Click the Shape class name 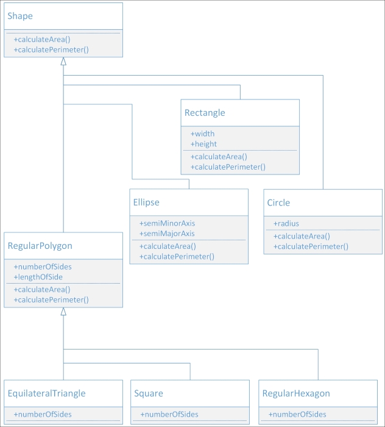tap(20, 16)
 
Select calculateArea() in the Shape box tap(42, 39)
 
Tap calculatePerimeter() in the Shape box tap(51, 49)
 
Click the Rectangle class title tap(205, 113)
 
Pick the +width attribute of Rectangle tap(202, 134)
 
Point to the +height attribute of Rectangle tap(203, 144)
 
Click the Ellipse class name tap(146, 202)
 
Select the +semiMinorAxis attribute tap(167, 223)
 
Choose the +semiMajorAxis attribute tap(167, 234)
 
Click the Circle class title tap(278, 203)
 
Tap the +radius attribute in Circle tap(286, 223)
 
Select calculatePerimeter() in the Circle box tap(311, 246)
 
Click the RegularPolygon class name tap(40, 246)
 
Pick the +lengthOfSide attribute tap(38, 277)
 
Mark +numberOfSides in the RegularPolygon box tap(42, 267)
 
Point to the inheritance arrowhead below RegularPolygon tap(63, 312)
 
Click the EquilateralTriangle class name tap(46, 393)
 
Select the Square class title tap(149, 393)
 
